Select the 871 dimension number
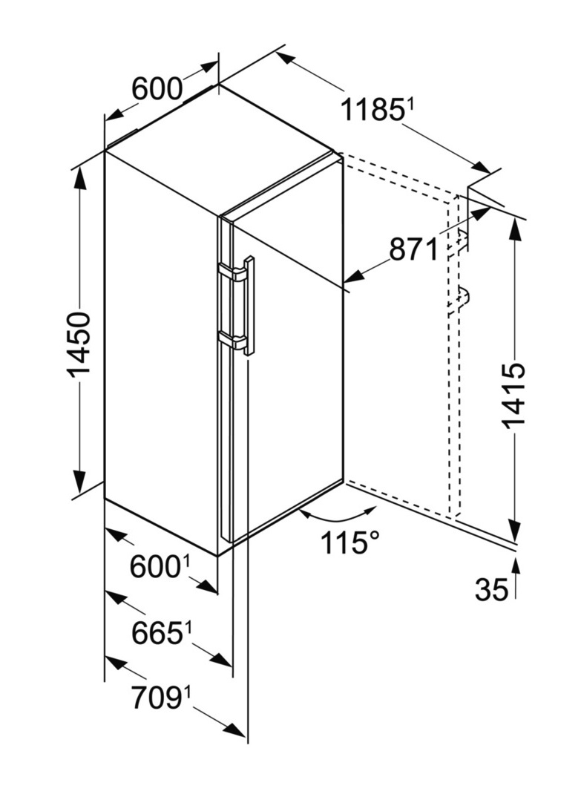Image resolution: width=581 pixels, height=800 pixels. pos(413,249)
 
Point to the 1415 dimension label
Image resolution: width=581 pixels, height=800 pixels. pos(513,396)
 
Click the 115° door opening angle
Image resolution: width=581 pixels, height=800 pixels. pos(350,542)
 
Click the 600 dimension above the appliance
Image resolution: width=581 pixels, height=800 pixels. pos(157,89)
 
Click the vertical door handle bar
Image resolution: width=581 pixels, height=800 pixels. pos(249,305)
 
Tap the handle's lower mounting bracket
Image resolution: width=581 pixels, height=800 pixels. pos(232,338)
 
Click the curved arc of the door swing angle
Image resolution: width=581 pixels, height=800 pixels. pos(338,517)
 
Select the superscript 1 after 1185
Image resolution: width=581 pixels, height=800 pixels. pos(408,105)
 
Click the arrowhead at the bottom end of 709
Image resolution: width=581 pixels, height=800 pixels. pos(236,730)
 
